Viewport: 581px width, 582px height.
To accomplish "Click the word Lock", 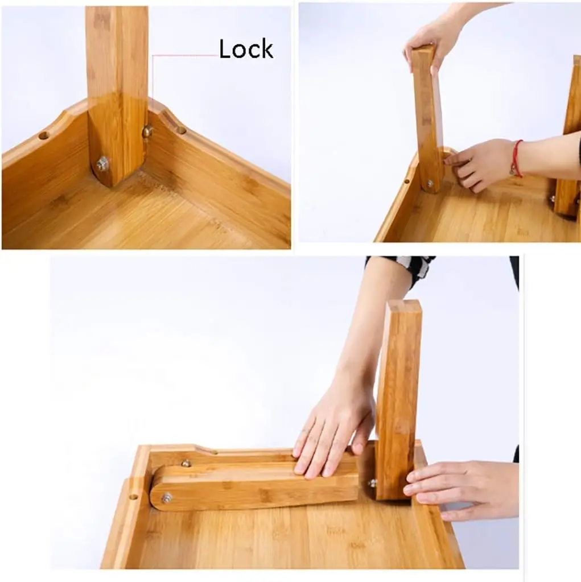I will pos(246,49).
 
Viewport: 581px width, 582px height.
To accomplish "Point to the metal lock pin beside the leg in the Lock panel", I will pos(147,131).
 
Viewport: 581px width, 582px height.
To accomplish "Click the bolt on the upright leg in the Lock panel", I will pos(102,164).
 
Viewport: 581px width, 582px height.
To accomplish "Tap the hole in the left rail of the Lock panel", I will pos(43,136).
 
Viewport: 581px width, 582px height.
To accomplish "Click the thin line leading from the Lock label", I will pos(185,56).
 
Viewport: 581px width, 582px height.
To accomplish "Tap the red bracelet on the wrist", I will pos(517,159).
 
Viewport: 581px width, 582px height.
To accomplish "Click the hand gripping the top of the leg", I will pos(432,43).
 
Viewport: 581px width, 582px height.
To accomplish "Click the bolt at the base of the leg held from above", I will pos(430,184).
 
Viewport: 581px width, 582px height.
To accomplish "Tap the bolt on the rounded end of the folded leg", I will pos(167,498).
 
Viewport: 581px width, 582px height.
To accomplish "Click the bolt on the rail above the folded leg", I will pos(185,464).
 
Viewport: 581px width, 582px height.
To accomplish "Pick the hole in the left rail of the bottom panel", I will pos(133,496).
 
